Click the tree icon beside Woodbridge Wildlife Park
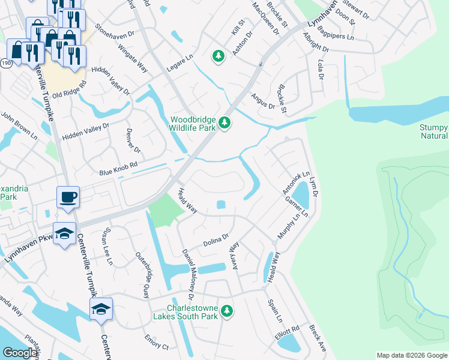pyautogui.click(x=224, y=123)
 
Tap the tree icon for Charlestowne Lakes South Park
pyautogui.click(x=226, y=311)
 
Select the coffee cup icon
pyautogui.click(x=68, y=197)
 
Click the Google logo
pyautogui.click(x=20, y=353)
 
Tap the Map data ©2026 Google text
pyautogui.click(x=411, y=355)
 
